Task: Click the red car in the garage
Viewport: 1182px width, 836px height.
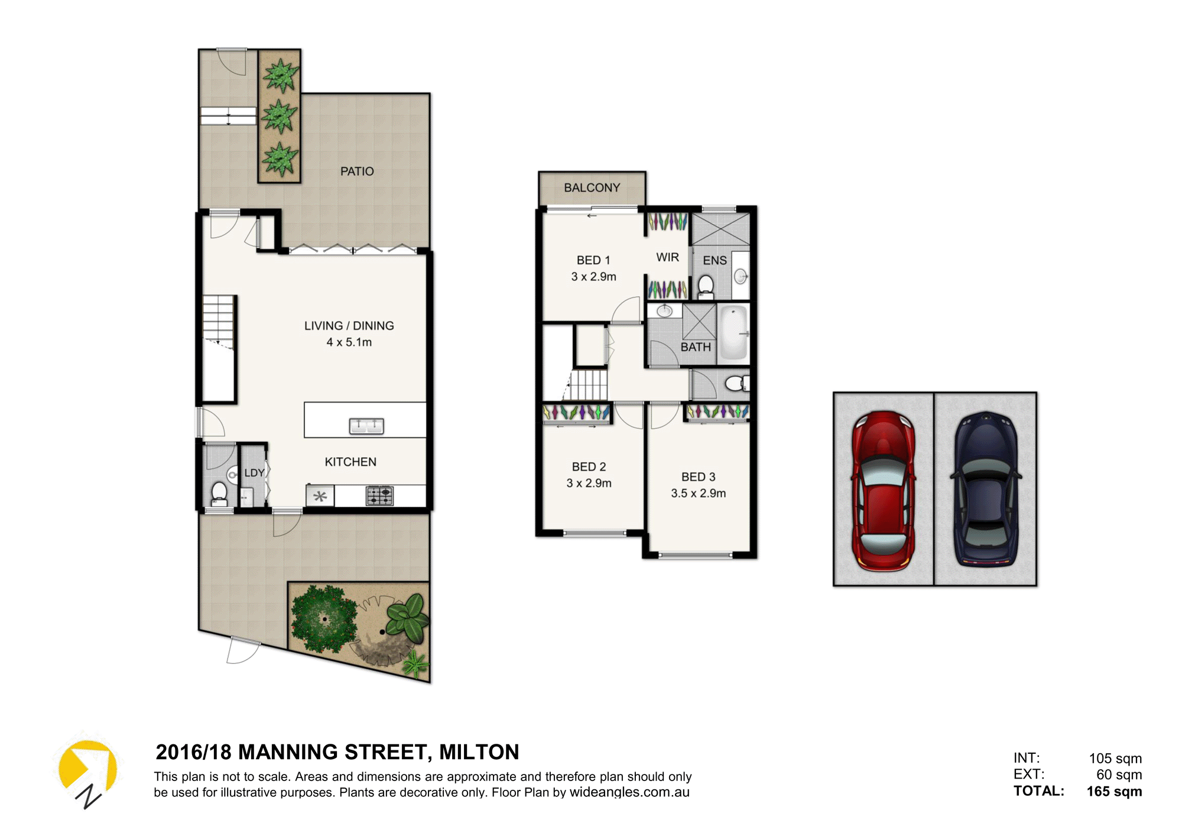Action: point(883,491)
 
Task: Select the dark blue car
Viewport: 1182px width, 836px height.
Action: point(985,490)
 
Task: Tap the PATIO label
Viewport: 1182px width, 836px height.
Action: point(357,171)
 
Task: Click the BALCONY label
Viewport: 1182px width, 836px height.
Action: point(592,187)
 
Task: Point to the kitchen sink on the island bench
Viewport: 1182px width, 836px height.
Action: point(366,426)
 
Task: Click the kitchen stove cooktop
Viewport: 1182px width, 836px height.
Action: point(379,495)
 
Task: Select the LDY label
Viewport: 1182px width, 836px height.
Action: point(254,473)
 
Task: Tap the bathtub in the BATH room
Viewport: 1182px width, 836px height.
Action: point(733,333)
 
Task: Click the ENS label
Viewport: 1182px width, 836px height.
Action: point(715,260)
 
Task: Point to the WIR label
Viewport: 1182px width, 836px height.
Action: point(667,257)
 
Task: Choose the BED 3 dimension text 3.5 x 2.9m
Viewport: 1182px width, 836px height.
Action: point(698,493)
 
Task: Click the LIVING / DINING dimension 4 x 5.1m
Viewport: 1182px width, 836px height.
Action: point(349,342)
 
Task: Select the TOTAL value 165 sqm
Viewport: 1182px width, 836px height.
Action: point(1114,791)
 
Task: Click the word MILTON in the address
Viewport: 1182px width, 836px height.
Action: point(479,752)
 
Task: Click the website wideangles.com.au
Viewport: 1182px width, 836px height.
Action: point(629,792)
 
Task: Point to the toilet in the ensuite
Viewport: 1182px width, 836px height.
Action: point(706,287)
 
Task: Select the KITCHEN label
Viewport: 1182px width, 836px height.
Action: point(350,462)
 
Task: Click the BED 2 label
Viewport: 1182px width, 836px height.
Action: point(589,467)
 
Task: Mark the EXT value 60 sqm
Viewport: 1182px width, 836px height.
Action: point(1119,775)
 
